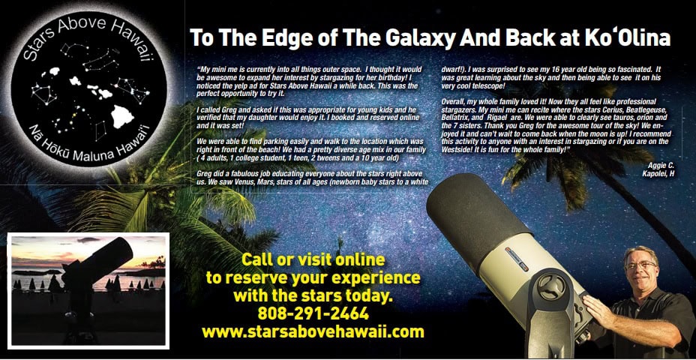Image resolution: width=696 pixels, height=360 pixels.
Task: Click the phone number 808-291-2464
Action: coord(313,313)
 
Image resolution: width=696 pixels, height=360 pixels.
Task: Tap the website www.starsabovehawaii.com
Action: coord(313,332)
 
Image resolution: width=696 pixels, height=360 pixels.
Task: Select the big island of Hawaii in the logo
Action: coord(122,116)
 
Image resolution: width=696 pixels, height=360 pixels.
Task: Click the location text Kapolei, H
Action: coord(658,173)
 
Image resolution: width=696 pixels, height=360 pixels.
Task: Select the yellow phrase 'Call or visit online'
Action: coord(313,260)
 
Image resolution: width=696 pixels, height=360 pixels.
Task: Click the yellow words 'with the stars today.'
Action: coord(313,295)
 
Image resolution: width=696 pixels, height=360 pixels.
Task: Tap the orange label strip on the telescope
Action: coord(517,259)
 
